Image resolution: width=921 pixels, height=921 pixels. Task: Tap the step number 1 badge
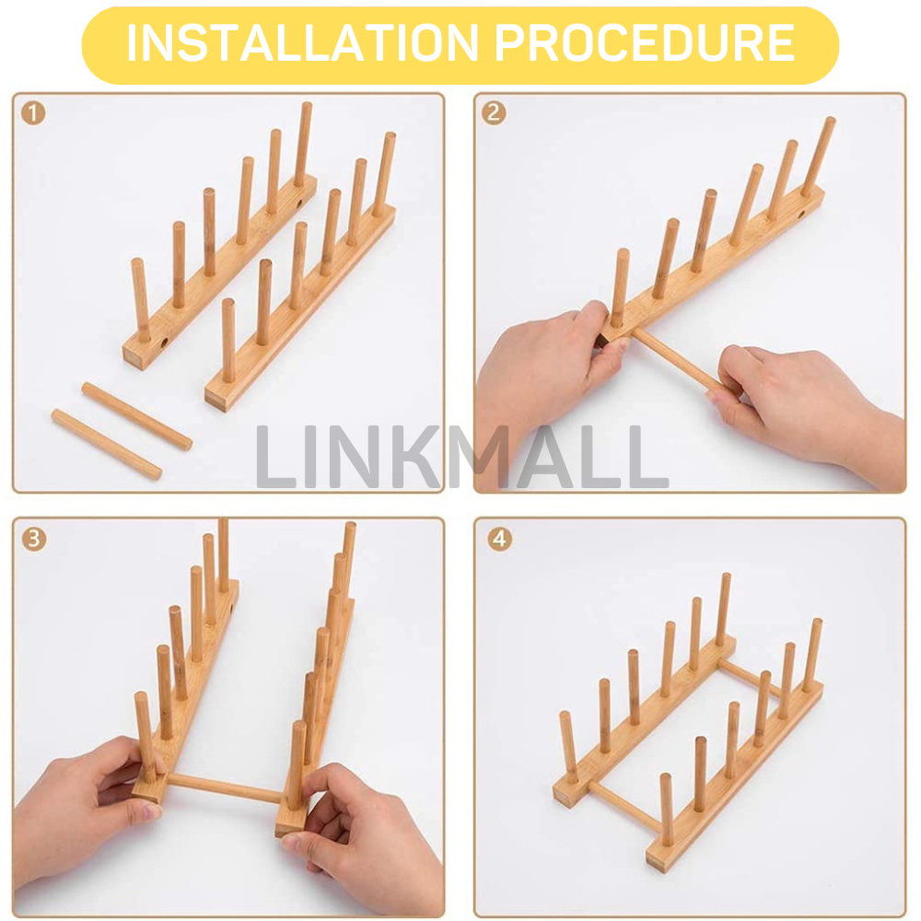(x=33, y=113)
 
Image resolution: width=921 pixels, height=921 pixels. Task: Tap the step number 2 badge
(x=495, y=113)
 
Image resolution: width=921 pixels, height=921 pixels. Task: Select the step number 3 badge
(x=33, y=539)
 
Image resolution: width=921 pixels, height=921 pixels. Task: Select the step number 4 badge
(x=498, y=539)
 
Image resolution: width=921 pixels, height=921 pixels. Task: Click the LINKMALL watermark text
(x=460, y=457)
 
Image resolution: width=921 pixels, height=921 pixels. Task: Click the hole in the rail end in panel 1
(x=164, y=344)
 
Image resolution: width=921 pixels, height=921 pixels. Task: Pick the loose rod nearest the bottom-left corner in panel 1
(x=105, y=444)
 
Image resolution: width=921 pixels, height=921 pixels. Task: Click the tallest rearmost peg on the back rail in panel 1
(x=303, y=144)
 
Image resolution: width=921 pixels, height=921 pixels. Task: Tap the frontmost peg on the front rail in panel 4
(x=665, y=810)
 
